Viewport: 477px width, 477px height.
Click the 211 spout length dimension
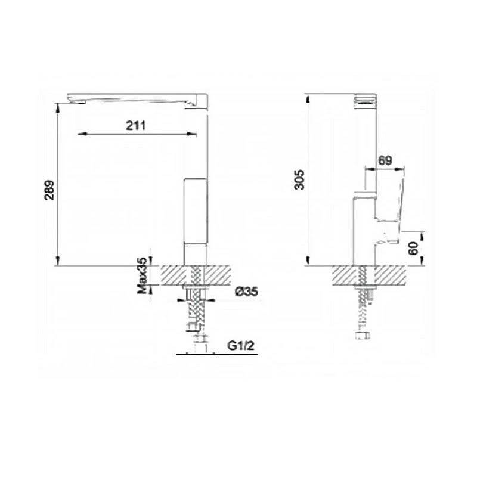click(137, 125)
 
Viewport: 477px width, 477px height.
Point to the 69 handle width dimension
click(385, 160)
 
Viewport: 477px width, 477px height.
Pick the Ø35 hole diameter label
click(246, 292)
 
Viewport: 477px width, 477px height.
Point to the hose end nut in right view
click(362, 337)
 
